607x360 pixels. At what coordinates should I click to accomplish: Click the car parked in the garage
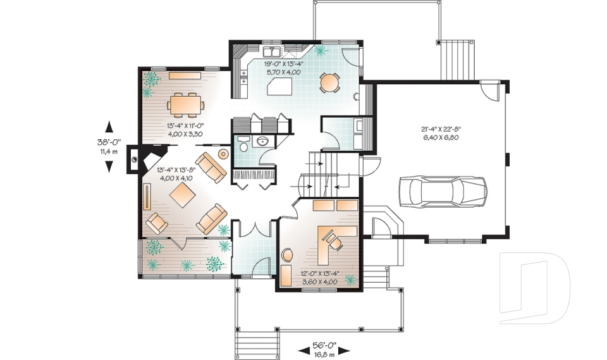coord(443,191)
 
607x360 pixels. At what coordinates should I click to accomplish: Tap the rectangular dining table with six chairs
coord(185,104)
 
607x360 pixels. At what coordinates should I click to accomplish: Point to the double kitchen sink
coord(273,49)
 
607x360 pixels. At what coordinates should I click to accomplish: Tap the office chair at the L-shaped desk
coord(333,239)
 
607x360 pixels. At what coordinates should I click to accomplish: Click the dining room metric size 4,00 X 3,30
coord(185,134)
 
